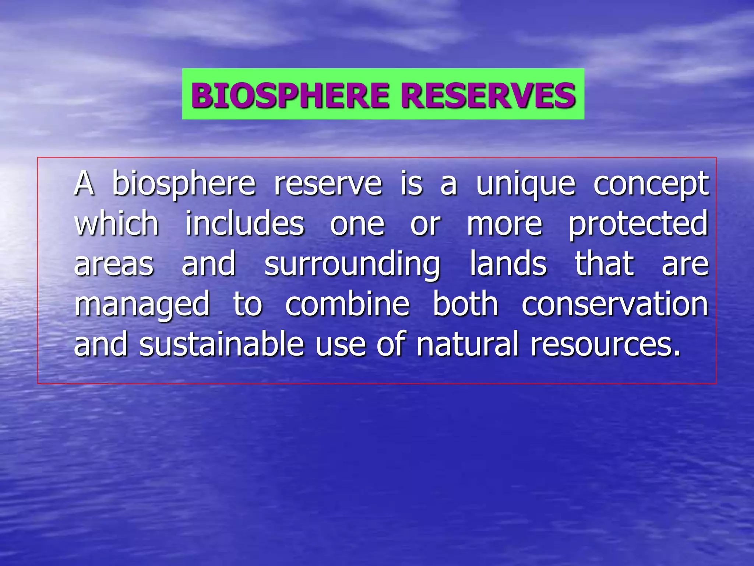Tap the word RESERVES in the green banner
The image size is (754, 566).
[x=488, y=95]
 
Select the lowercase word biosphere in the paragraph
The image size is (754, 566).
[x=184, y=184]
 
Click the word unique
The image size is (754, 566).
[x=526, y=184]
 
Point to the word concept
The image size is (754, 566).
[x=651, y=184]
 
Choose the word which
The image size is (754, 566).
[x=116, y=223]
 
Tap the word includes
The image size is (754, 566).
[x=244, y=223]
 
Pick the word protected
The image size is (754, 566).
[x=638, y=223]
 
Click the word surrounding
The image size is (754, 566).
[x=352, y=264]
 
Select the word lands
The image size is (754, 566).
[x=508, y=264]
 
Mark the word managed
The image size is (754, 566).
[x=142, y=304]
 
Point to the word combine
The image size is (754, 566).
[x=347, y=304]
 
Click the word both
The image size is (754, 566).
[x=465, y=304]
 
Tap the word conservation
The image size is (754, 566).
[x=615, y=304]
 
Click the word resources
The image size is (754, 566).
[x=605, y=345]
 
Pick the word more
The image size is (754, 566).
[x=504, y=224]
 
